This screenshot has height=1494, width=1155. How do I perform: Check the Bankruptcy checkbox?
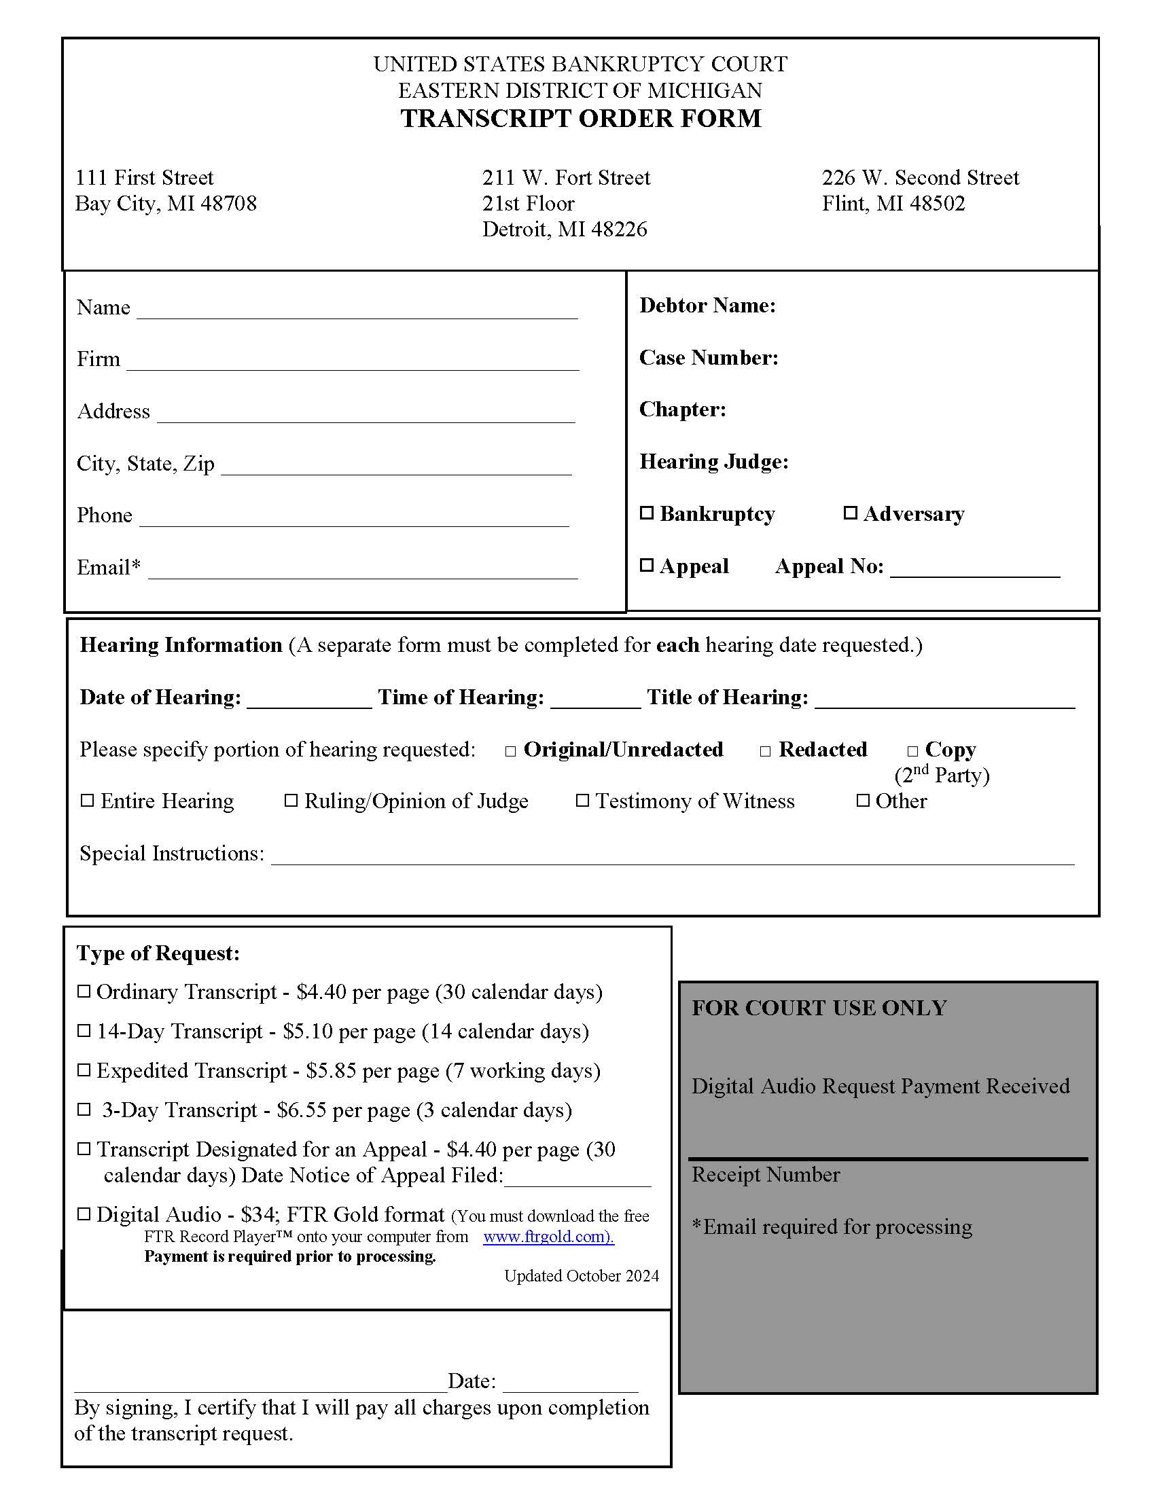point(647,513)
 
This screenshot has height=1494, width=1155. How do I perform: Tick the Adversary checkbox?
point(850,513)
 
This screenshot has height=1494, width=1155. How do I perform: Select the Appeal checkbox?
point(647,565)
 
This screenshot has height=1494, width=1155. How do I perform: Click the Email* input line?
point(363,570)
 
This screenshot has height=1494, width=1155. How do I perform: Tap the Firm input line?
point(353,362)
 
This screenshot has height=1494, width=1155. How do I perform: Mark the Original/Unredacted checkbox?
point(510,751)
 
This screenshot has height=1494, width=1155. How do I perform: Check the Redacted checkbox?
point(766,751)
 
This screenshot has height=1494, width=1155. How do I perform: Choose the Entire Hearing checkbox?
point(88,801)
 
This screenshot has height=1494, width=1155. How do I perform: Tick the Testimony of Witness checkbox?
point(582,801)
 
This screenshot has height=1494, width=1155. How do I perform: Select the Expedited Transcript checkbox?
point(84,1070)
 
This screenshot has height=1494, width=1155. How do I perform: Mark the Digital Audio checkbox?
point(84,1214)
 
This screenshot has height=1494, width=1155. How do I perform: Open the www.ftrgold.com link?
point(548,1237)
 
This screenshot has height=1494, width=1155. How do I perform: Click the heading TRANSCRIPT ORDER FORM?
point(580,118)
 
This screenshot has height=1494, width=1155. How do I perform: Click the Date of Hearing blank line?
point(308,701)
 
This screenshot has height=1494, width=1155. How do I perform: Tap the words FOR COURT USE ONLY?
point(819,1008)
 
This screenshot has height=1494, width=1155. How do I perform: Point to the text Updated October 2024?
point(582,1276)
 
